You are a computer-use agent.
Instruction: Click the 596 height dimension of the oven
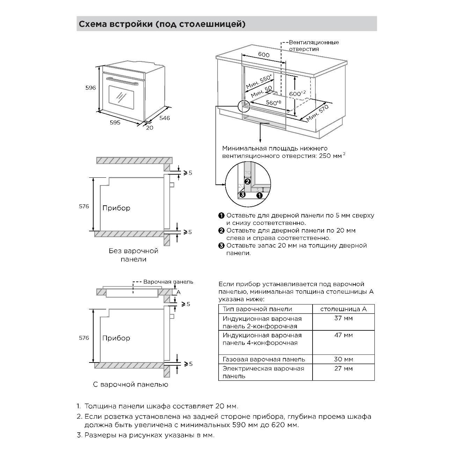[x=90, y=88]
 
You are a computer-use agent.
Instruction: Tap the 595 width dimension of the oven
[x=115, y=123]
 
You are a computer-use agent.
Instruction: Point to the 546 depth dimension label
[x=164, y=118]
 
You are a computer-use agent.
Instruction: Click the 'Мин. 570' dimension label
[x=318, y=113]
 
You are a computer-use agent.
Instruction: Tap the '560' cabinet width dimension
[x=274, y=103]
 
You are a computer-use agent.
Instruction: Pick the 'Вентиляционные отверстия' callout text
[x=313, y=46]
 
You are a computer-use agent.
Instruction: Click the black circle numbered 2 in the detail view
[x=247, y=181]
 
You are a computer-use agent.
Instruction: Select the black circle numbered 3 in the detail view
[x=242, y=195]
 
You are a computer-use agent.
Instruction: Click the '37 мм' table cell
[x=343, y=318]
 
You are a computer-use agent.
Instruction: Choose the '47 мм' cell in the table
[x=343, y=335]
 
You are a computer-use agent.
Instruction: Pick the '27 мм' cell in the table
[x=343, y=368]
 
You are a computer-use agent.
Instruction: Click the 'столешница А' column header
[x=343, y=309]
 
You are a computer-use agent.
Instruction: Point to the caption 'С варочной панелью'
[x=131, y=385]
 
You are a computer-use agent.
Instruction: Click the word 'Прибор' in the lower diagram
[x=116, y=338]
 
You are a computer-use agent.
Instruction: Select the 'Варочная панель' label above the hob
[x=168, y=282]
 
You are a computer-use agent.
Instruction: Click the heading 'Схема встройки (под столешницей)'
[x=162, y=24]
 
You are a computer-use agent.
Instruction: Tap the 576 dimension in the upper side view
[x=84, y=206]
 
